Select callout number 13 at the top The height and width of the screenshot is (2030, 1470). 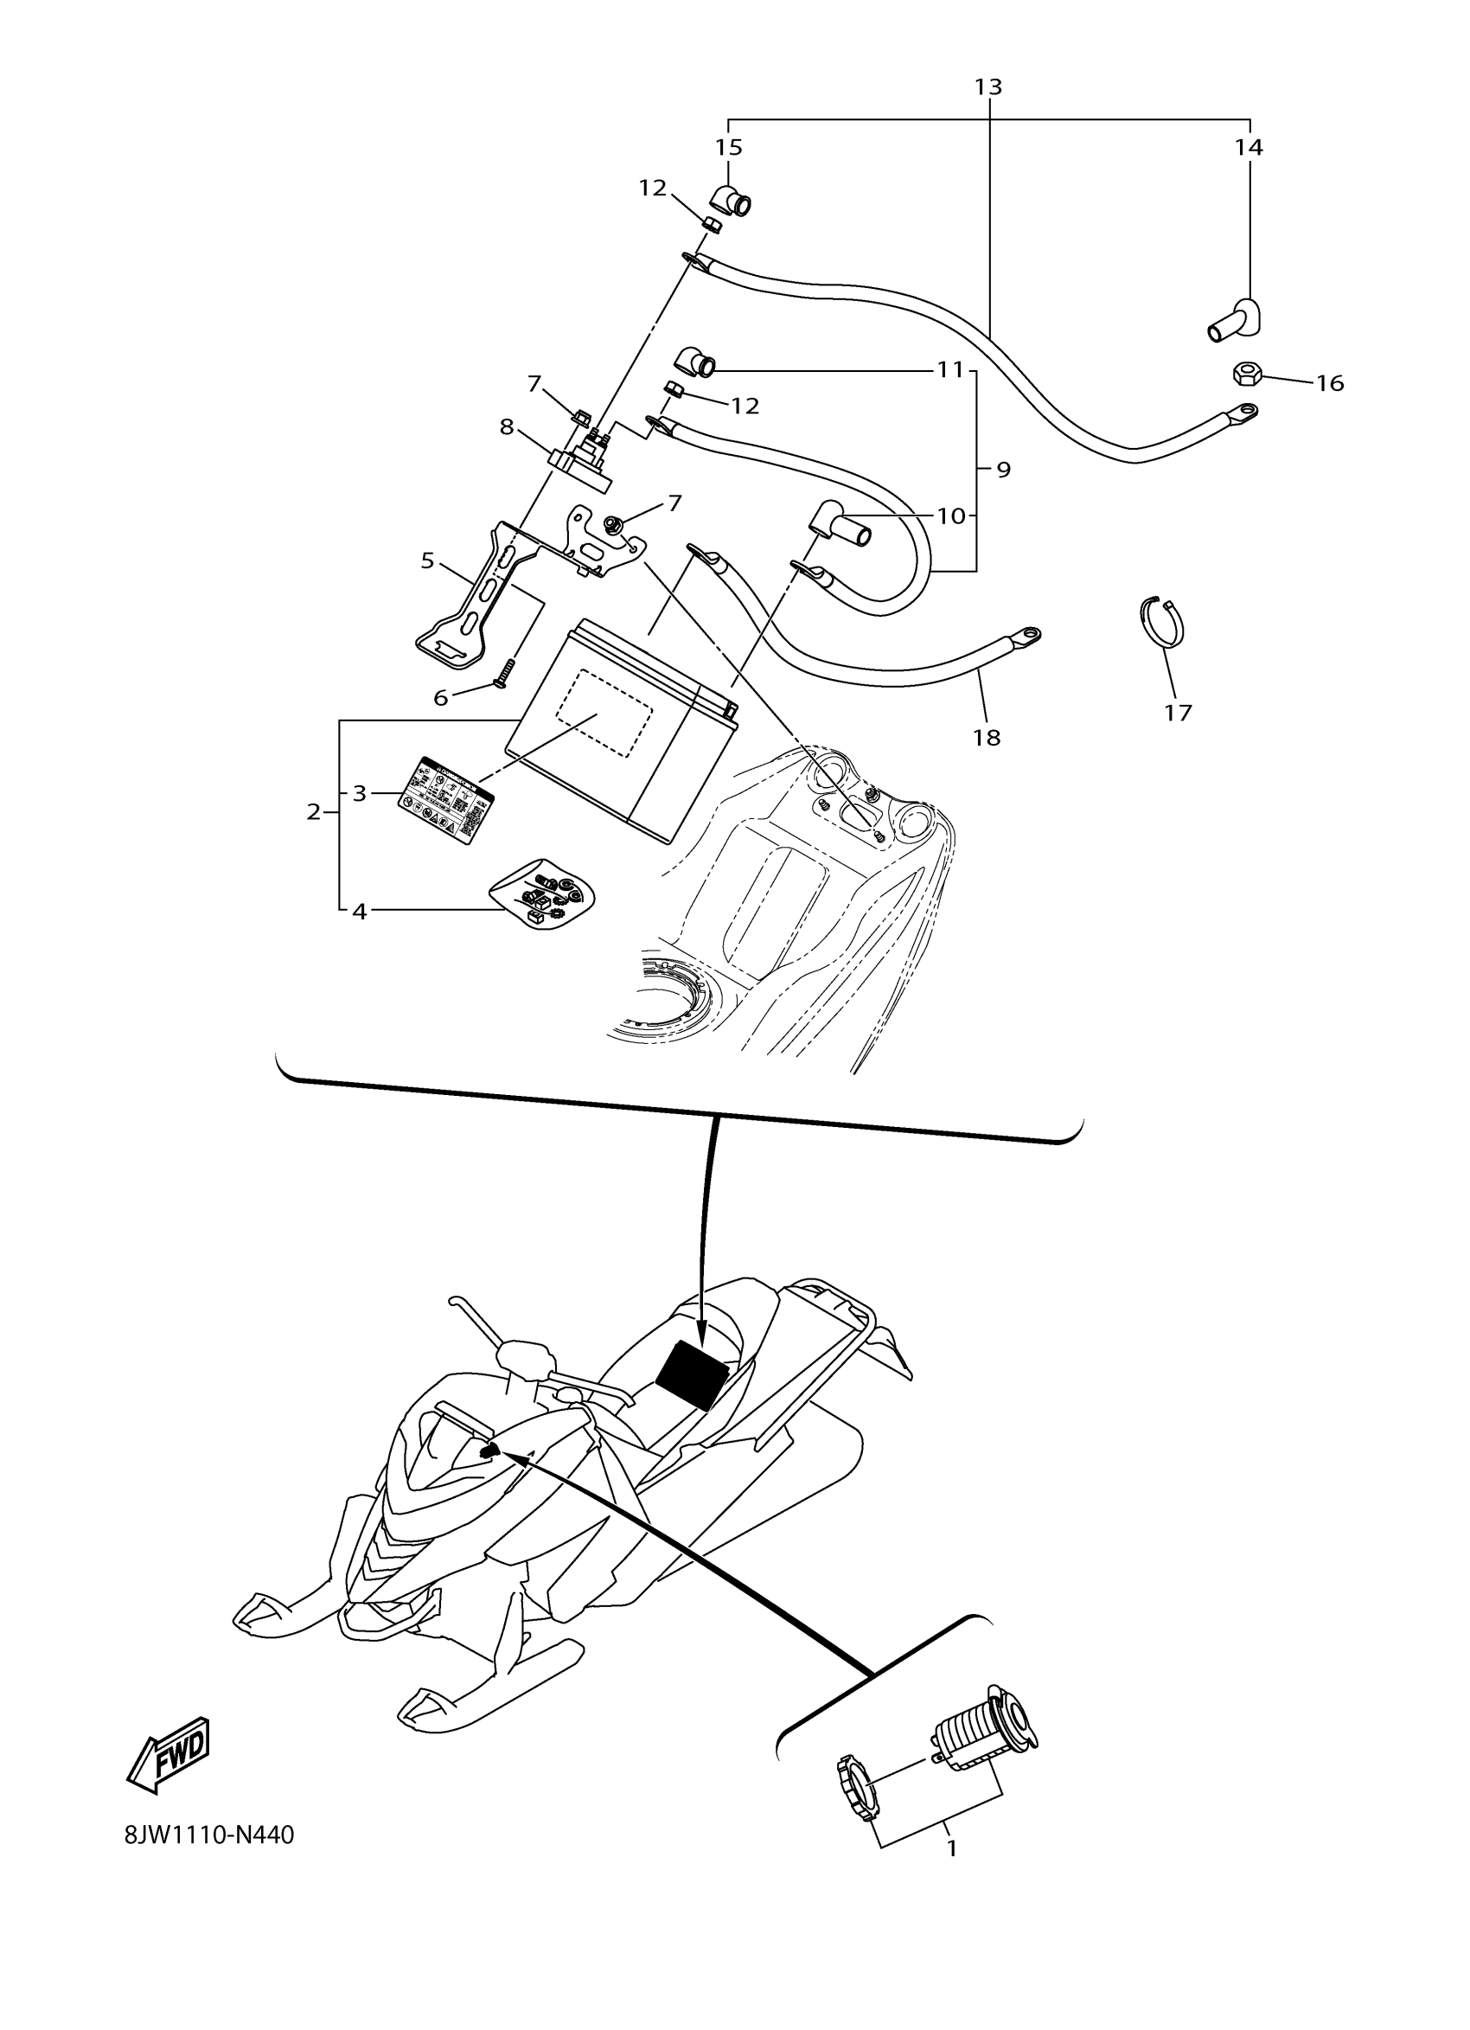click(x=987, y=86)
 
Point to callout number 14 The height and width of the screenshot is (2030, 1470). click(x=1248, y=147)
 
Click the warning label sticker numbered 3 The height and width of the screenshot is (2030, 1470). click(x=444, y=799)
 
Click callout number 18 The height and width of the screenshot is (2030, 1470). click(x=987, y=737)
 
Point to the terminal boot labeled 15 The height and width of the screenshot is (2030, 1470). click(x=730, y=202)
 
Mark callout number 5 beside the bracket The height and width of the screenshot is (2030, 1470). click(x=428, y=560)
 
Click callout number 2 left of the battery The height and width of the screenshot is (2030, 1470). click(x=313, y=812)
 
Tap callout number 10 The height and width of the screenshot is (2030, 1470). click(x=951, y=516)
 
